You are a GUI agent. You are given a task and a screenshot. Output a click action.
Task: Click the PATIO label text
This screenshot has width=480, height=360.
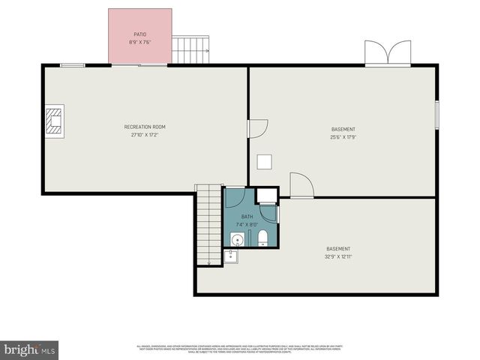pos(139,34)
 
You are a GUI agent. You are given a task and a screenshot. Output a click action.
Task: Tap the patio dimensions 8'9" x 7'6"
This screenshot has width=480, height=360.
pos(139,43)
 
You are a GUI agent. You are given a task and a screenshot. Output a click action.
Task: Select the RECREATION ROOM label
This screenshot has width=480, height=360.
pos(145,127)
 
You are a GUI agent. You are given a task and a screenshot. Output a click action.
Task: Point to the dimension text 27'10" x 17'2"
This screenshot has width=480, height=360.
pos(145,136)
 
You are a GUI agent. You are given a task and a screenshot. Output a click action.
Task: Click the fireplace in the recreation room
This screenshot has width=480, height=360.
pos(53,120)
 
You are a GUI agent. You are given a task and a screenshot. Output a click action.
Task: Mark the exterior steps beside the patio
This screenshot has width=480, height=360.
pos(190,50)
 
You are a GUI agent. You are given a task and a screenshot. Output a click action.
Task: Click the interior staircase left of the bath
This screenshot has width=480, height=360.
pos(208,225)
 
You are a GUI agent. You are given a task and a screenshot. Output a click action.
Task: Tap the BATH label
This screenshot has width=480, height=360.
pos(247,217)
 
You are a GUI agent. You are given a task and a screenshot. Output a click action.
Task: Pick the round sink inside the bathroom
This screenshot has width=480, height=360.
pos(237,240)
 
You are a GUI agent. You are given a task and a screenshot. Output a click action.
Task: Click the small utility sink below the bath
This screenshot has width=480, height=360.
pos(230,256)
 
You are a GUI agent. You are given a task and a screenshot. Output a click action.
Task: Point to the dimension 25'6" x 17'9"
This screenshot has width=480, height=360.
pos(343,137)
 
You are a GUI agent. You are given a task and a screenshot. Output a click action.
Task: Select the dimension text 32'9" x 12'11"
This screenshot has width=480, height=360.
pos(338,257)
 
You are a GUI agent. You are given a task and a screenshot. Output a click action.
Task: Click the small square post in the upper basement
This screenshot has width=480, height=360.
pos(264,161)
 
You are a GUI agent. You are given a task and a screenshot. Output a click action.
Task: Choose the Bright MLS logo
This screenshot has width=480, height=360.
pos(29,349)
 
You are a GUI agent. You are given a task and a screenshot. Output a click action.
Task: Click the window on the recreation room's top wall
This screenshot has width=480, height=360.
pos(72,65)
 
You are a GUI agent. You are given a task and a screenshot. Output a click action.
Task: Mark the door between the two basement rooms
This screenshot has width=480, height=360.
pos(301,186)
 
